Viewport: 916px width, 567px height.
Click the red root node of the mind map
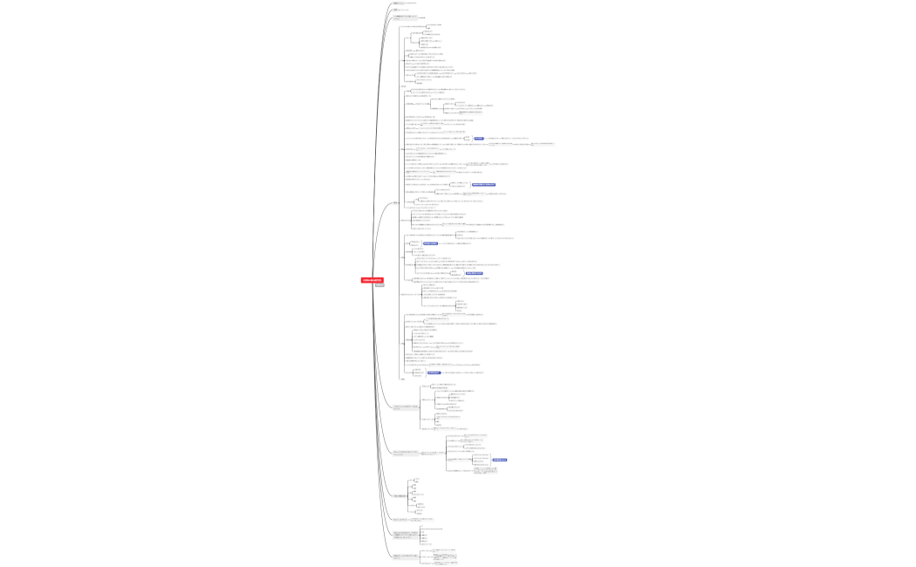(373, 280)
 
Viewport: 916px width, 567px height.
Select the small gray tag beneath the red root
(379, 286)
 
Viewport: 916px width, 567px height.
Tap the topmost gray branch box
(399, 3)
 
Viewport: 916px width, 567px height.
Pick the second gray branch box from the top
(398, 10)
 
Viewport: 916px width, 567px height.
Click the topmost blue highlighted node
(478, 138)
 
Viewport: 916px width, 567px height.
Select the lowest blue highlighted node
(499, 460)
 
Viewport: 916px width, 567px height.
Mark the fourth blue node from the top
(474, 273)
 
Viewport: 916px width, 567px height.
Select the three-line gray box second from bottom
(406, 534)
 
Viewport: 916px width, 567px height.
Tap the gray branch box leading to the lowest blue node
(406, 453)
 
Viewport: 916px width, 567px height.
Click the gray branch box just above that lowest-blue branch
(406, 407)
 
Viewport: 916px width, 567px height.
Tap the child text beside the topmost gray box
(415, 3)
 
